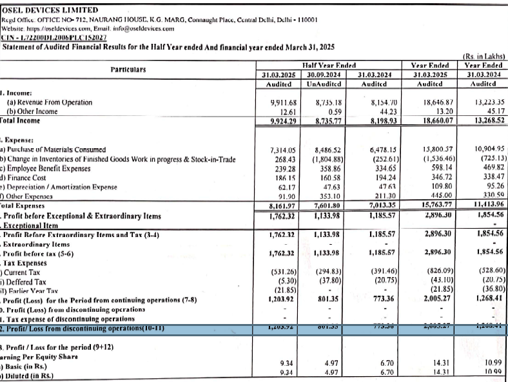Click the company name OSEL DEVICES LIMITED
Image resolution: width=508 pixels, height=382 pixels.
[50, 10]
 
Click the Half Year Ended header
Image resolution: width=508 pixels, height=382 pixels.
[329, 65]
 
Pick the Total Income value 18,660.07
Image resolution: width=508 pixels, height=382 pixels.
[438, 120]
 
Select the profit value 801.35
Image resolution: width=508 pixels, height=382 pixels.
[329, 299]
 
